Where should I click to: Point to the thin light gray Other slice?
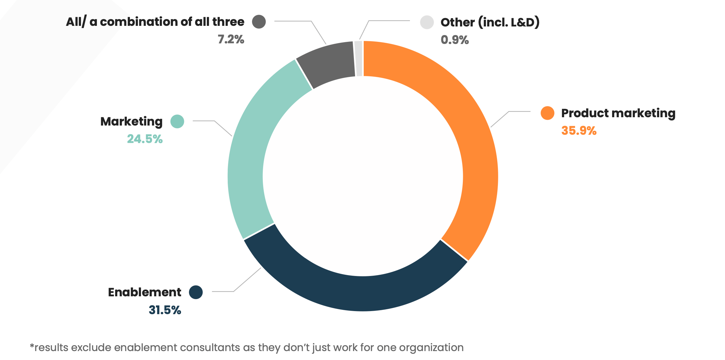358,58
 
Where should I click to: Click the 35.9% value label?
579,131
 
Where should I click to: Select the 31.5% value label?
165,310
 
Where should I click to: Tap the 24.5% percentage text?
145,139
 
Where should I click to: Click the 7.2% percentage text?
231,39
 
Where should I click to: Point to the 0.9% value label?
455,40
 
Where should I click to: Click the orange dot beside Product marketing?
547,113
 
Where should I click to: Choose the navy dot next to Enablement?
196,292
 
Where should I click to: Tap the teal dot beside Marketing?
177,121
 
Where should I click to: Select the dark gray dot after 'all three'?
259,22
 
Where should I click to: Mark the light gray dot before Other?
427,22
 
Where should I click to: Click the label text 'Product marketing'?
618,113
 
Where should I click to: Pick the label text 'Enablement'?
145,292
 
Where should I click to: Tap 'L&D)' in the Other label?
525,22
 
